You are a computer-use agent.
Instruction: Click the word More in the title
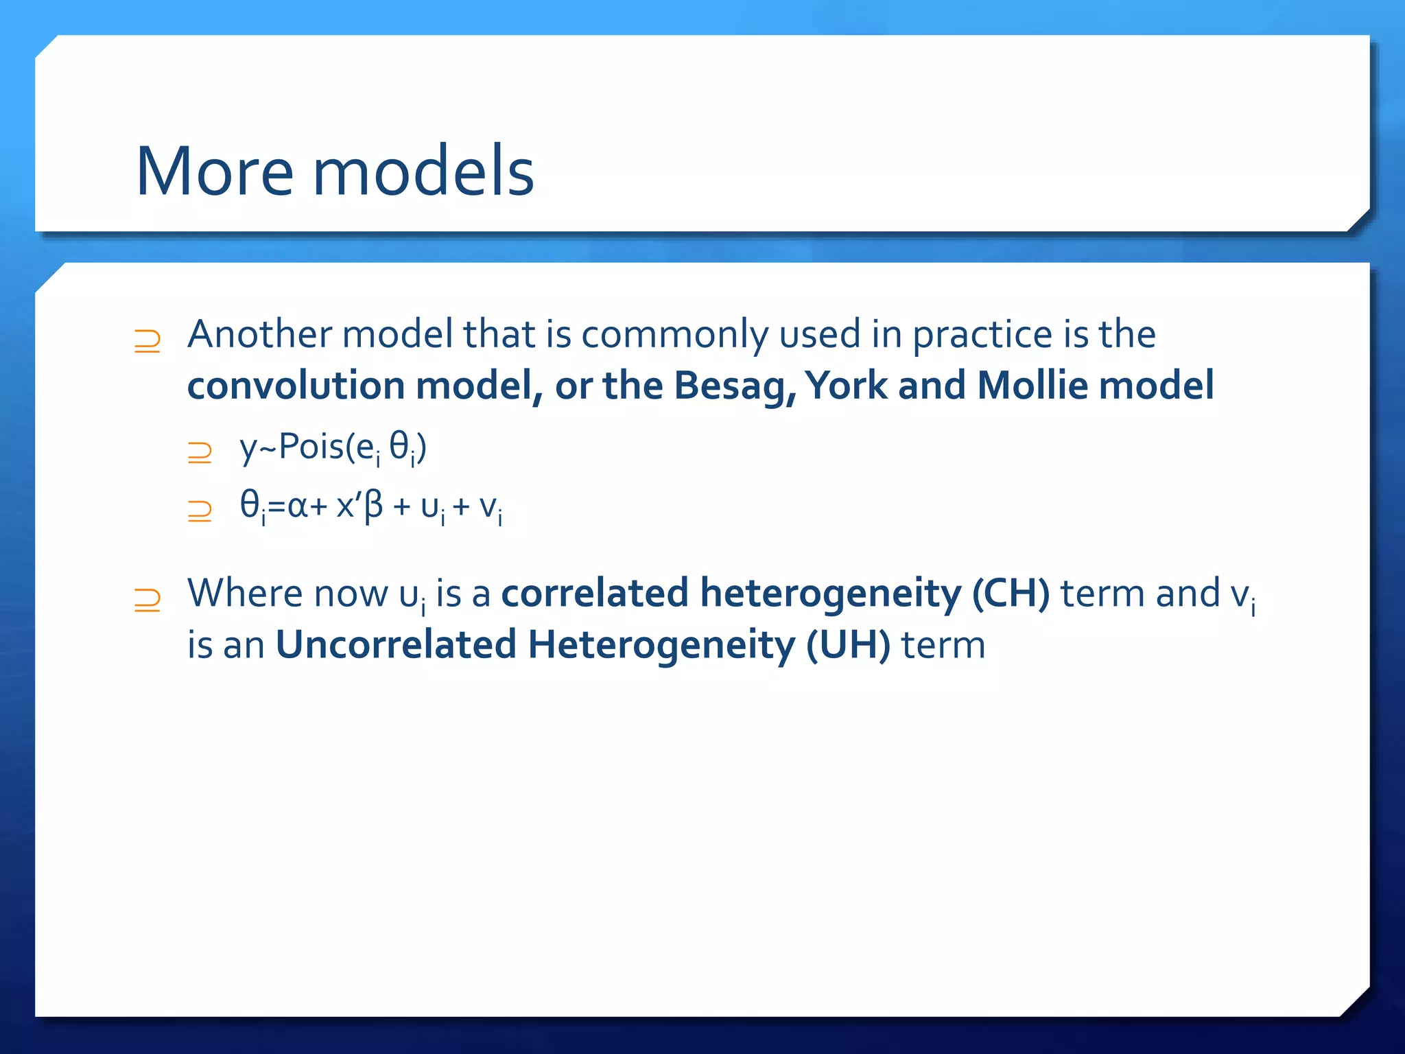(x=215, y=172)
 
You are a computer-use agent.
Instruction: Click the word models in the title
(x=423, y=172)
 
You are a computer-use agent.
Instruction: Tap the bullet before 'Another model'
(x=147, y=341)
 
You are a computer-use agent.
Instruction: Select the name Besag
(x=734, y=386)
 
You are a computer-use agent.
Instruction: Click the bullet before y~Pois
(x=200, y=452)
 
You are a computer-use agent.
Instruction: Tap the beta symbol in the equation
(x=373, y=508)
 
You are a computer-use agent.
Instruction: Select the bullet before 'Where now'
(x=147, y=600)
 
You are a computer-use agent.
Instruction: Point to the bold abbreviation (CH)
(x=1011, y=594)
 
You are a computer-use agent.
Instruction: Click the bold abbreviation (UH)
(x=848, y=646)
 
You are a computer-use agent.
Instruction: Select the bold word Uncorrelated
(x=396, y=646)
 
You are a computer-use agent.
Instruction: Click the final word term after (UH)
(x=943, y=646)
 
